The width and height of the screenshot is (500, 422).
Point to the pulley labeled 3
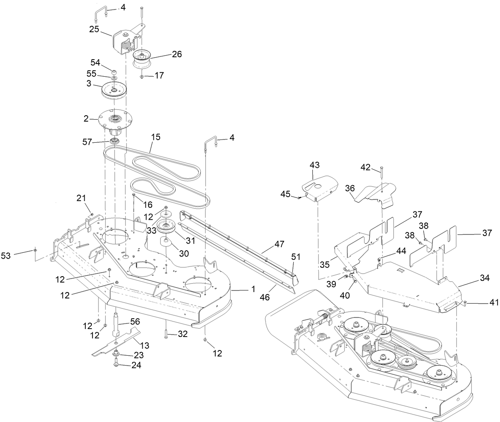(x=114, y=90)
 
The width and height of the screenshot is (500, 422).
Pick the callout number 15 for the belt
(x=155, y=137)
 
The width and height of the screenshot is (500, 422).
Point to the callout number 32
(x=182, y=335)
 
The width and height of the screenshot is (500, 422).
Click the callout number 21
(x=81, y=198)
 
